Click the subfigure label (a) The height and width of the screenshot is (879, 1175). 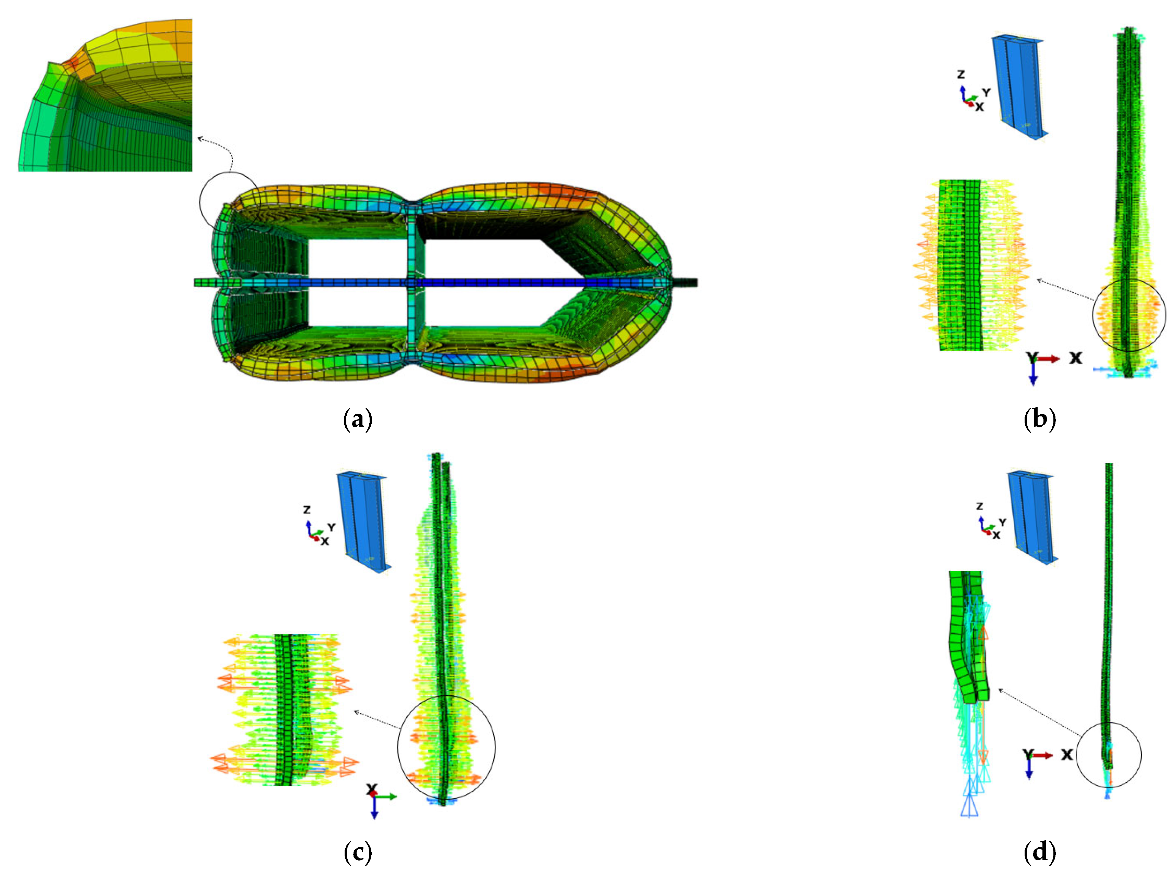(358, 419)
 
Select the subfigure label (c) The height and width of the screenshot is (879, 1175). (358, 852)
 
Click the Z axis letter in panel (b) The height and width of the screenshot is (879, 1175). (961, 74)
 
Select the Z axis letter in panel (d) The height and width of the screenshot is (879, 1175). (979, 506)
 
